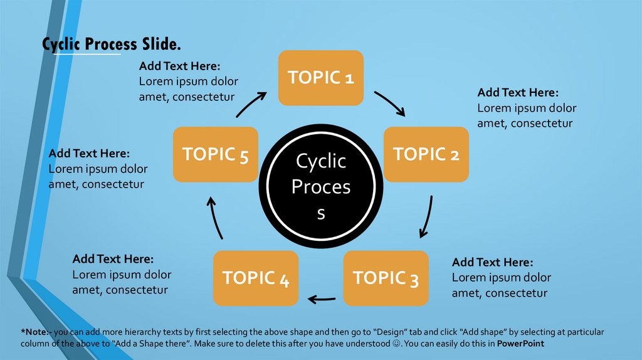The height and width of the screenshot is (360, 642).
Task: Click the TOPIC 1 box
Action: click(x=321, y=78)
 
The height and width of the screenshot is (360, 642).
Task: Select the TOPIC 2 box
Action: click(x=426, y=154)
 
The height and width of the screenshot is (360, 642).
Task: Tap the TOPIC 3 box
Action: click(x=386, y=278)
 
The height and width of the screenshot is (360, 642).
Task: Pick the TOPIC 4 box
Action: click(x=256, y=278)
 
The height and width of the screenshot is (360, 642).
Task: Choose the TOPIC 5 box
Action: click(x=215, y=154)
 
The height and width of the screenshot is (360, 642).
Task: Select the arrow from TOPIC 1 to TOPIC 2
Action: click(x=391, y=104)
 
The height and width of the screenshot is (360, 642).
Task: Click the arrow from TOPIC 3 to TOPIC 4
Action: click(x=321, y=299)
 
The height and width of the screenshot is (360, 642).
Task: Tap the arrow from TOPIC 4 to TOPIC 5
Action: click(x=215, y=217)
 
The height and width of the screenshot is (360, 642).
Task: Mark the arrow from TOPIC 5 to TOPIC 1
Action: click(x=251, y=104)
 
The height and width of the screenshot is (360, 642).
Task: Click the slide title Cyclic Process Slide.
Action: click(x=112, y=45)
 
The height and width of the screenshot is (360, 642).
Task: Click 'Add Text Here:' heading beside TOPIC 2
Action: click(x=517, y=92)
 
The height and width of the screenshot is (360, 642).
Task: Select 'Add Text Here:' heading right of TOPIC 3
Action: click(x=492, y=262)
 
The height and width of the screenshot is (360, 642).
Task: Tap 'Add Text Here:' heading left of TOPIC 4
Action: click(x=113, y=258)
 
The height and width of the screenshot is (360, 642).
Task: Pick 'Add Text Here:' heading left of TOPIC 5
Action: click(x=89, y=153)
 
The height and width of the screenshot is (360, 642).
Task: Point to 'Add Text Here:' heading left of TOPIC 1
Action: click(x=179, y=66)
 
